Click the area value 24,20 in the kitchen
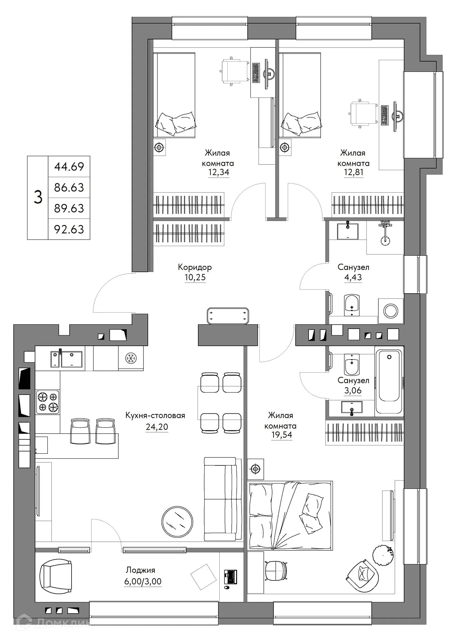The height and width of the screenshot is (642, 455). coord(156,427)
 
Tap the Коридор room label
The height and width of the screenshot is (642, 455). coord(195,267)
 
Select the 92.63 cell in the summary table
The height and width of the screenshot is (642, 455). coord(69,229)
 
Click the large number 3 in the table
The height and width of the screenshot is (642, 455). coord(38,197)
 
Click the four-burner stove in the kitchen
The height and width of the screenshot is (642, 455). coord(48,402)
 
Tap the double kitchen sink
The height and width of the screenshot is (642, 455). coord(67,359)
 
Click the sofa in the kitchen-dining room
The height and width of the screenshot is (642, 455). coord(223,499)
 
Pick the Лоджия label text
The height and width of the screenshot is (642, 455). coord(140,570)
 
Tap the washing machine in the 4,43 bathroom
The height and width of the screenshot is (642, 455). coord(390,311)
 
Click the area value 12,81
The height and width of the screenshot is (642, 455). coord(353,173)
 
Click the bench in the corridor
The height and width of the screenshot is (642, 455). coord(228,316)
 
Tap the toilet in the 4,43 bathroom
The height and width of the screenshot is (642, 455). coord(351,305)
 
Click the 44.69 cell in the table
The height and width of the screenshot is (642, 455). coord(69,167)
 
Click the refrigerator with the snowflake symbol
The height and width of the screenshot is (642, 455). coord(131,359)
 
